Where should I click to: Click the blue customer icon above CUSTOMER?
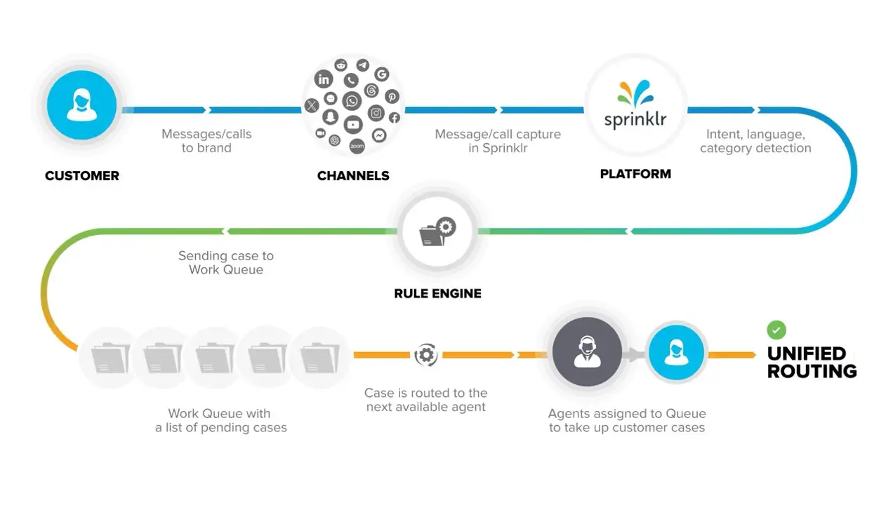[81, 106]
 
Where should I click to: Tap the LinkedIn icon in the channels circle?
[324, 79]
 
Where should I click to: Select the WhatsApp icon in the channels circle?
[352, 102]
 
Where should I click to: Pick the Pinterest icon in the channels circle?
[391, 97]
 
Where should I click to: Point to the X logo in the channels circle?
[312, 106]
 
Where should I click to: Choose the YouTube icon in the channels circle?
[352, 125]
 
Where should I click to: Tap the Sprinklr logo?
[635, 106]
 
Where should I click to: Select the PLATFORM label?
[635, 174]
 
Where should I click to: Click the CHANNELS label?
[353, 176]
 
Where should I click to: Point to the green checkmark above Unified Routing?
[776, 330]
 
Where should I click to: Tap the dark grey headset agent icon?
[587, 351]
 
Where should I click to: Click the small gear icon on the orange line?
[425, 355]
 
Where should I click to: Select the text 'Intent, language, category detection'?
[755, 141]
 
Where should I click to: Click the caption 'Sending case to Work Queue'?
[226, 262]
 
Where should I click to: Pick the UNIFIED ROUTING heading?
[812, 362]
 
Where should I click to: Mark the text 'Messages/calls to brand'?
[206, 141]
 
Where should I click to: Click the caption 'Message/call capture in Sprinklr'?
[498, 141]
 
